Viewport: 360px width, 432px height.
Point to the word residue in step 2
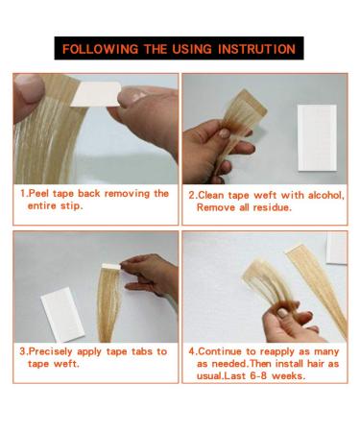pos(276,206)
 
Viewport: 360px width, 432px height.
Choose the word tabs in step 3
pos(135,351)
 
